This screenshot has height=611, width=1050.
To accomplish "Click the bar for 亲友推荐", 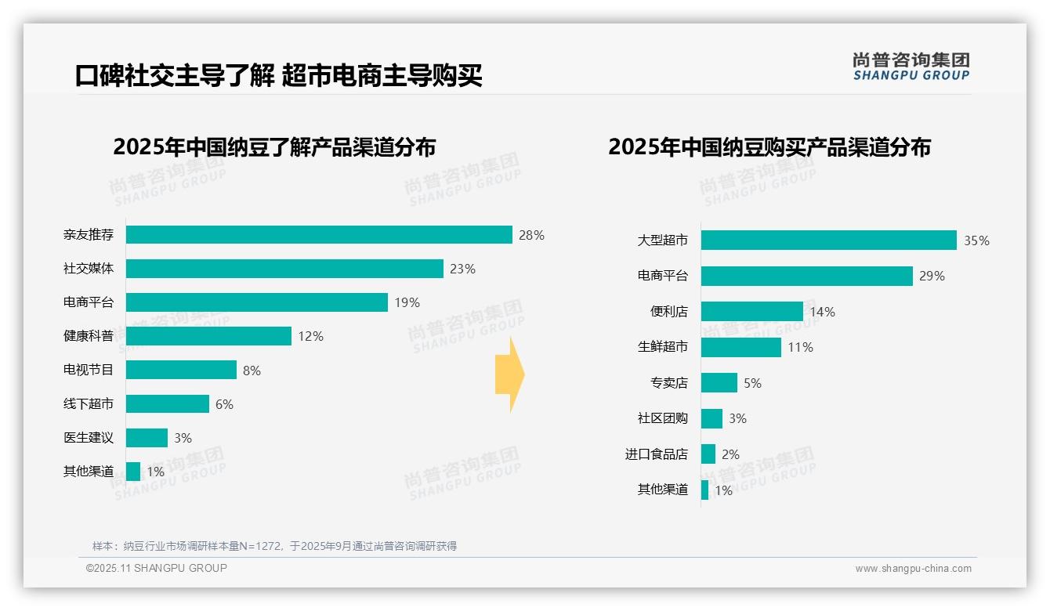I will (319, 235).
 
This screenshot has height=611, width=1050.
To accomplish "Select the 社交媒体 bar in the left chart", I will (284, 269).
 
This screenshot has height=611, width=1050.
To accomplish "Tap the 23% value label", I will (462, 269).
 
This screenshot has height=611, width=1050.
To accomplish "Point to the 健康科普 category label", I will (89, 336).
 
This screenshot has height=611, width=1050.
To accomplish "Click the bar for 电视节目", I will (181, 370).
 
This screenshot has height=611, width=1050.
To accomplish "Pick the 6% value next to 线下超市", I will (224, 404).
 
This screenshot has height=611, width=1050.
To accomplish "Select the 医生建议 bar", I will (147, 438).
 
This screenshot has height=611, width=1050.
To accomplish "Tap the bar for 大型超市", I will (828, 240).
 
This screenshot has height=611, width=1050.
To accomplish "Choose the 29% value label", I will (932, 276).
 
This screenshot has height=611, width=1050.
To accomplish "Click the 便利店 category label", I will (668, 312).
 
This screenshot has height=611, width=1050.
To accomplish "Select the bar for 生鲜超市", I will (740, 347).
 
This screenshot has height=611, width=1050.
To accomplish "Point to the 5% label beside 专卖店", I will (752, 383).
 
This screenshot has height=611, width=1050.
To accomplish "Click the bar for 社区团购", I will (711, 418).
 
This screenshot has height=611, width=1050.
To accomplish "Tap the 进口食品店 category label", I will (656, 454).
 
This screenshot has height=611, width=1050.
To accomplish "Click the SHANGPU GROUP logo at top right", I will (911, 67).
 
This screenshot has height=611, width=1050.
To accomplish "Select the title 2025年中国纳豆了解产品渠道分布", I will (274, 147).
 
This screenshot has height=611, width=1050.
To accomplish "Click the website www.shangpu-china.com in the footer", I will (913, 569).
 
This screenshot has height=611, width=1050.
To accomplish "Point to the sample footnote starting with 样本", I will (274, 546).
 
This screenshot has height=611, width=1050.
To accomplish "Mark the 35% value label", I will (976, 240).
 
